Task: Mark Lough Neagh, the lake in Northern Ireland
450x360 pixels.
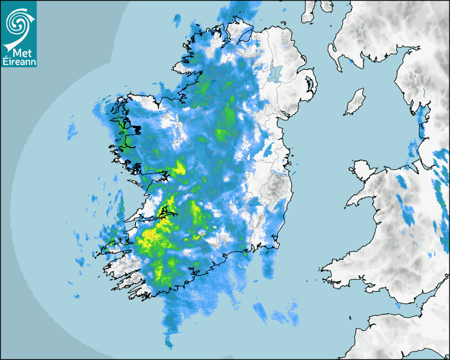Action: tap(274, 71)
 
